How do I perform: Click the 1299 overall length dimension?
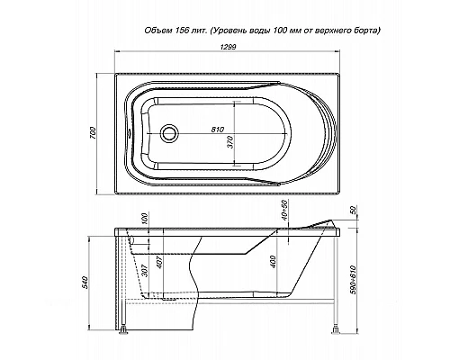point(228,47)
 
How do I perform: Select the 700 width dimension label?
point(93,133)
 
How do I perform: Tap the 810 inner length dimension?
point(218,130)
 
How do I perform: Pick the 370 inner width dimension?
point(230,142)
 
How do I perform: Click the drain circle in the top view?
point(170,133)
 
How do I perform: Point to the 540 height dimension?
point(86,283)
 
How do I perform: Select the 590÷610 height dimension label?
point(353,280)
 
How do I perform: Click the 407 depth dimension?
point(159,262)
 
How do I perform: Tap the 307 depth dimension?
point(144,271)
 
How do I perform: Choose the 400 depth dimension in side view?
point(273,262)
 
